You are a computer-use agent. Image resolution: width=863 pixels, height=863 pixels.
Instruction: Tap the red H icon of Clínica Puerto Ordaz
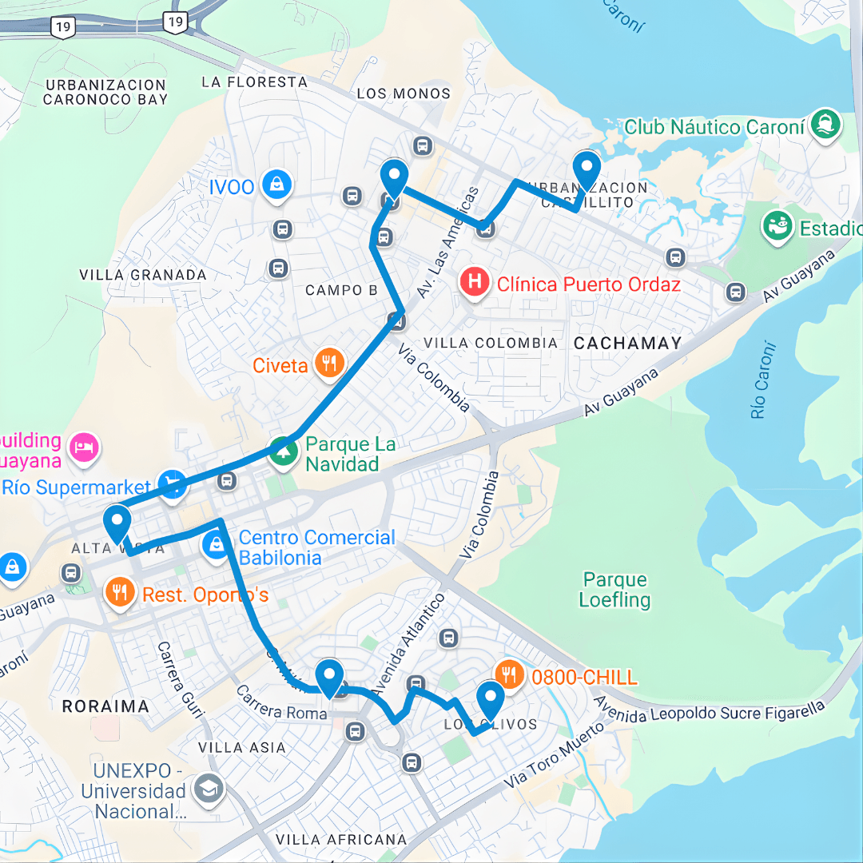pyautogui.click(x=475, y=282)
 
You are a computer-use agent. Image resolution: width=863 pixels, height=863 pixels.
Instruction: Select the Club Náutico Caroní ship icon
pyautogui.click(x=825, y=124)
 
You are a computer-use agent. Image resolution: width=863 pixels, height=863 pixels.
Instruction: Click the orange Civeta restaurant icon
pyautogui.click(x=328, y=363)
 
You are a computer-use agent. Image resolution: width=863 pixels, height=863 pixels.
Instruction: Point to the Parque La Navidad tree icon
pyautogui.click(x=283, y=451)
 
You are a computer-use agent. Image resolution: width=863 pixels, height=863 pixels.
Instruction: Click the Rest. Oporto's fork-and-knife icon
pyautogui.click(x=120, y=592)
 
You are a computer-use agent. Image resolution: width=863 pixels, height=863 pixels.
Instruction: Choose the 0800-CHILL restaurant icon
pyautogui.click(x=510, y=674)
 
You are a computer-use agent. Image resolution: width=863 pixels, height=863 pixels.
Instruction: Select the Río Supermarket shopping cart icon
pyautogui.click(x=173, y=483)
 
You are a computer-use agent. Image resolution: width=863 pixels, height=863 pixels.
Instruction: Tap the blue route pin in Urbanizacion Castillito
pyautogui.click(x=587, y=169)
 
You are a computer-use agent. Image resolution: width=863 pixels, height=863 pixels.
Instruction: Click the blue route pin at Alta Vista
pyautogui.click(x=118, y=523)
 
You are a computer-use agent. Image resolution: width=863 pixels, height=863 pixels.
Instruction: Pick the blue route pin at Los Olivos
pyautogui.click(x=490, y=699)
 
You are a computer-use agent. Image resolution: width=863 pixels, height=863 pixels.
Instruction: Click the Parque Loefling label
pyautogui.click(x=614, y=590)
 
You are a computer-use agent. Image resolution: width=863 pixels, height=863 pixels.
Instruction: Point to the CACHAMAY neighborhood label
pyautogui.click(x=627, y=344)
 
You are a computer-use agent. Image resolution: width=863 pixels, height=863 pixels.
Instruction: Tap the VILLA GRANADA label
pyautogui.click(x=143, y=275)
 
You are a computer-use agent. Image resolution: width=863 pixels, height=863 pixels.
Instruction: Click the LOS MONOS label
pyautogui.click(x=404, y=93)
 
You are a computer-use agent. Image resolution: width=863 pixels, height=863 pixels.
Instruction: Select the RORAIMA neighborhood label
pyautogui.click(x=105, y=706)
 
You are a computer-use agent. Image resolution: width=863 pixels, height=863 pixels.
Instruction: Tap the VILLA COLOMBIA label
pyautogui.click(x=490, y=343)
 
